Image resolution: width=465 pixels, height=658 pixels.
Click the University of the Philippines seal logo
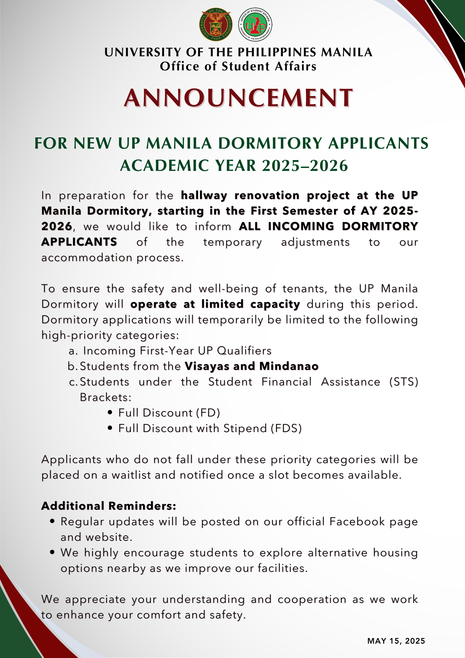216,25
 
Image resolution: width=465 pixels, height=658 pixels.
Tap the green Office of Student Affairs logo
255,25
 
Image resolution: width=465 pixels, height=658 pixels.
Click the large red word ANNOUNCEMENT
239,98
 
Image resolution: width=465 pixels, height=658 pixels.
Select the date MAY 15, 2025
396,641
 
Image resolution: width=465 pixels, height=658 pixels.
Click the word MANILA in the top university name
347,52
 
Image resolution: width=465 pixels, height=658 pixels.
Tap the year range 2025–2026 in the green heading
305,166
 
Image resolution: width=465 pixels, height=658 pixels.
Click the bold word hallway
204,195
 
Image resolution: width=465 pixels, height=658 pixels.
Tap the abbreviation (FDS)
286,429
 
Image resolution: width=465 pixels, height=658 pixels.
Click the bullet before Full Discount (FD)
110,413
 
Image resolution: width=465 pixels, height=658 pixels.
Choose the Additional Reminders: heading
109,506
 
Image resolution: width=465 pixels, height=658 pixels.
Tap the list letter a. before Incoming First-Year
73,351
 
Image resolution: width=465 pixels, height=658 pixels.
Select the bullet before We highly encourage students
52,552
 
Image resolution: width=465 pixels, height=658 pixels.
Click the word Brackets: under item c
106,397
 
